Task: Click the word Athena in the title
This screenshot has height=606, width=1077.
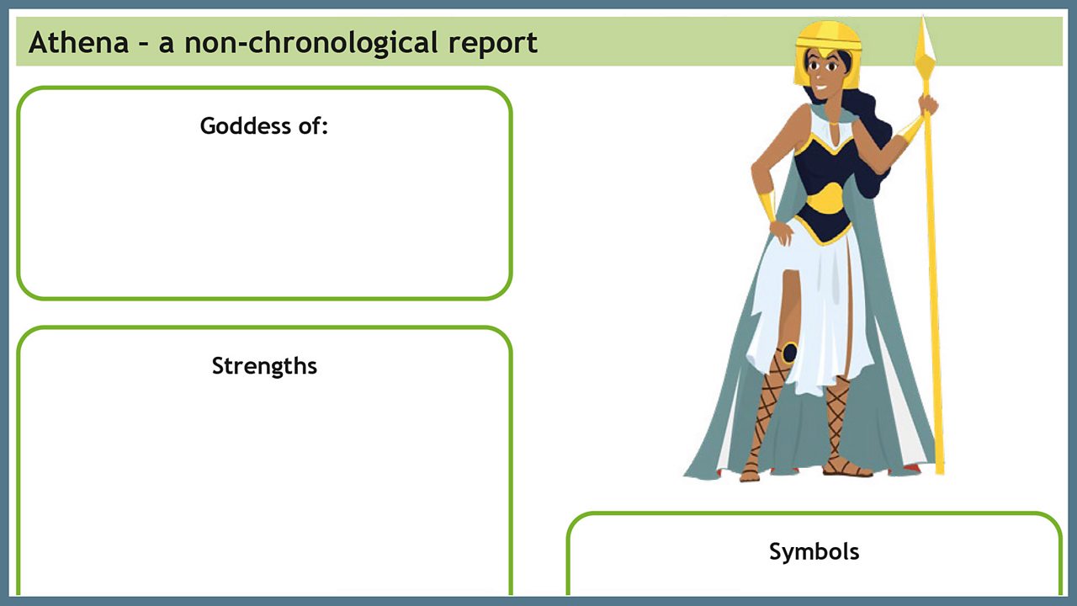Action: pos(78,42)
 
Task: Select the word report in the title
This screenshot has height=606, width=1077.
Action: pos(493,42)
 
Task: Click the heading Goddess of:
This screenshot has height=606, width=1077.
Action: pos(263,126)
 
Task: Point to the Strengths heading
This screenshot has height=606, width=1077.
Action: pos(264,366)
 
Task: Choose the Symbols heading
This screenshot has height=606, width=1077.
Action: pos(814,551)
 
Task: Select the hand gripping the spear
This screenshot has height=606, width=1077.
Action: pos(928,104)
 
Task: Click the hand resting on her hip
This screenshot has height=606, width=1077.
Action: pos(782,231)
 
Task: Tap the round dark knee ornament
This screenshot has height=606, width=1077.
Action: pos(788,353)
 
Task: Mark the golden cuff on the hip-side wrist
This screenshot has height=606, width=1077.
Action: pos(767,205)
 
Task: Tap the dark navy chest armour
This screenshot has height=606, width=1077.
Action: pos(829,164)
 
